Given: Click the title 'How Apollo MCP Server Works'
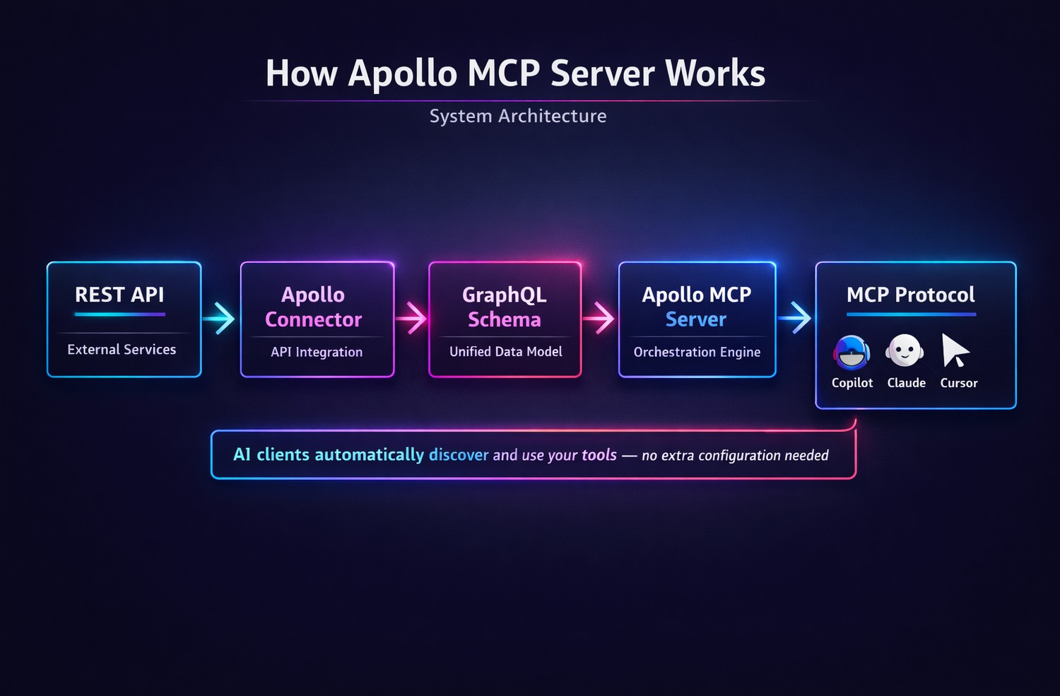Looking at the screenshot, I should [x=515, y=73].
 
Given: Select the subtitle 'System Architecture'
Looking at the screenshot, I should [x=518, y=116].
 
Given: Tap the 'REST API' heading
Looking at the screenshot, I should [x=119, y=295].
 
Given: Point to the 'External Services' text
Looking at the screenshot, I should [x=122, y=350].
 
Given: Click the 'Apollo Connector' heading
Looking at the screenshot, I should [x=313, y=307].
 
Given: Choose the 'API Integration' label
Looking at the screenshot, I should [x=317, y=352].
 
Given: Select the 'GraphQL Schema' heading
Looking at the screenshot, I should [x=505, y=307].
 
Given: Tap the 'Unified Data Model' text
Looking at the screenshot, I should [x=505, y=352].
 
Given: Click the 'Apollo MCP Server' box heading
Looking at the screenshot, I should [x=696, y=307].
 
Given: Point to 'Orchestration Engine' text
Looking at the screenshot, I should [x=697, y=352].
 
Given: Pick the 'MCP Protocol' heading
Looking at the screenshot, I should [x=910, y=295].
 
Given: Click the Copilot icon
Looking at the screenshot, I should [x=852, y=352].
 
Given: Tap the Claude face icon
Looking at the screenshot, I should [x=905, y=350].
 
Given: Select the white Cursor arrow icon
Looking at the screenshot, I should [x=955, y=350].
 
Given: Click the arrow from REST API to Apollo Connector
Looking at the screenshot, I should [x=220, y=319].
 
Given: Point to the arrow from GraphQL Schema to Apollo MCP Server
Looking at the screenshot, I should [x=599, y=319].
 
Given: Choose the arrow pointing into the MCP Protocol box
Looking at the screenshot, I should [x=796, y=319].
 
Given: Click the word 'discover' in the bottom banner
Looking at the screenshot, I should [x=459, y=455].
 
